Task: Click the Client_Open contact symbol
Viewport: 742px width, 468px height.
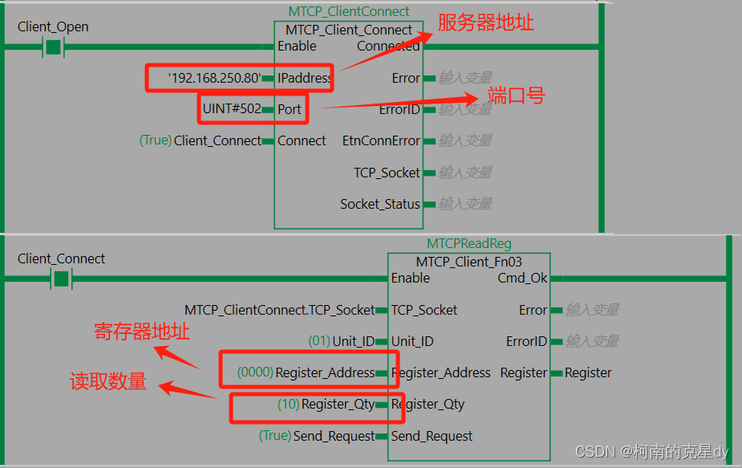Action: [x=53, y=47]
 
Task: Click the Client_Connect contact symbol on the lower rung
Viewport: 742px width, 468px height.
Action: [x=62, y=279]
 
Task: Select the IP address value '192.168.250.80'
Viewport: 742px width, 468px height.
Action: [x=214, y=79]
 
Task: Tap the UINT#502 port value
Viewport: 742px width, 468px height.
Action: [x=232, y=109]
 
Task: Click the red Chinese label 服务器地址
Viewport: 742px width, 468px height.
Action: [x=486, y=22]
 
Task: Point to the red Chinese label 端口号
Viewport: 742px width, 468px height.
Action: [x=517, y=96]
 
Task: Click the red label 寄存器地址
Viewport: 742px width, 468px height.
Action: [x=142, y=332]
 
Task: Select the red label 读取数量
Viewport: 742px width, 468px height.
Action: [x=108, y=382]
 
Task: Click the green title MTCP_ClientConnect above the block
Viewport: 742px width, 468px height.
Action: [x=349, y=12]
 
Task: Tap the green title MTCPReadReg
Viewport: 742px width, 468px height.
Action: [x=469, y=243]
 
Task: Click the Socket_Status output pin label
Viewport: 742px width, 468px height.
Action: [x=379, y=204]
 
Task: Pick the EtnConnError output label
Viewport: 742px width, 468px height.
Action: [x=381, y=140]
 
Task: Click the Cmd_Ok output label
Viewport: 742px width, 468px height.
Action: [x=523, y=278]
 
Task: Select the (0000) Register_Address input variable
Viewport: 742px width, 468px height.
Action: [x=306, y=372]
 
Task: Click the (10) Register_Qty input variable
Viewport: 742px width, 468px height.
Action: [x=326, y=405]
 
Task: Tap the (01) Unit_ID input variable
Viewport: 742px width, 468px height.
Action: [x=341, y=341]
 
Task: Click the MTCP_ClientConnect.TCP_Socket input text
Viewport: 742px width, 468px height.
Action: [x=279, y=310]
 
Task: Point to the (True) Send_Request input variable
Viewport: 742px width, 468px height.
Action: [x=316, y=436]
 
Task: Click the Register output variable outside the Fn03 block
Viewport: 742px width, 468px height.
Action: [x=588, y=372]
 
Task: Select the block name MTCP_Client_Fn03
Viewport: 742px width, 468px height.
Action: [x=468, y=262]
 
